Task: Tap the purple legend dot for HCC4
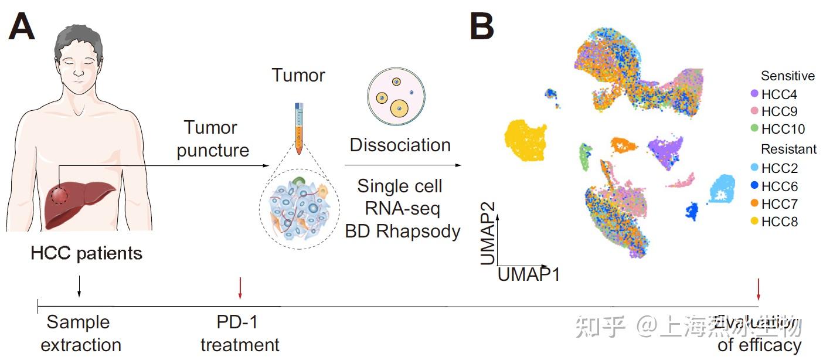[x=754, y=94]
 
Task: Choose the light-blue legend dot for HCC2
[x=754, y=169]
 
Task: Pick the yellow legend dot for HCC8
[x=754, y=222]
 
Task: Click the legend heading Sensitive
[x=787, y=76]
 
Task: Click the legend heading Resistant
[x=788, y=150]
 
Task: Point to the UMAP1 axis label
[x=528, y=274]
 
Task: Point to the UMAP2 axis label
[x=488, y=233]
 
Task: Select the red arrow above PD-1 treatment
[x=239, y=287]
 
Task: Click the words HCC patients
[x=86, y=254]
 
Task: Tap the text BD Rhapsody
[x=402, y=231]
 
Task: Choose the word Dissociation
[x=400, y=145]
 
